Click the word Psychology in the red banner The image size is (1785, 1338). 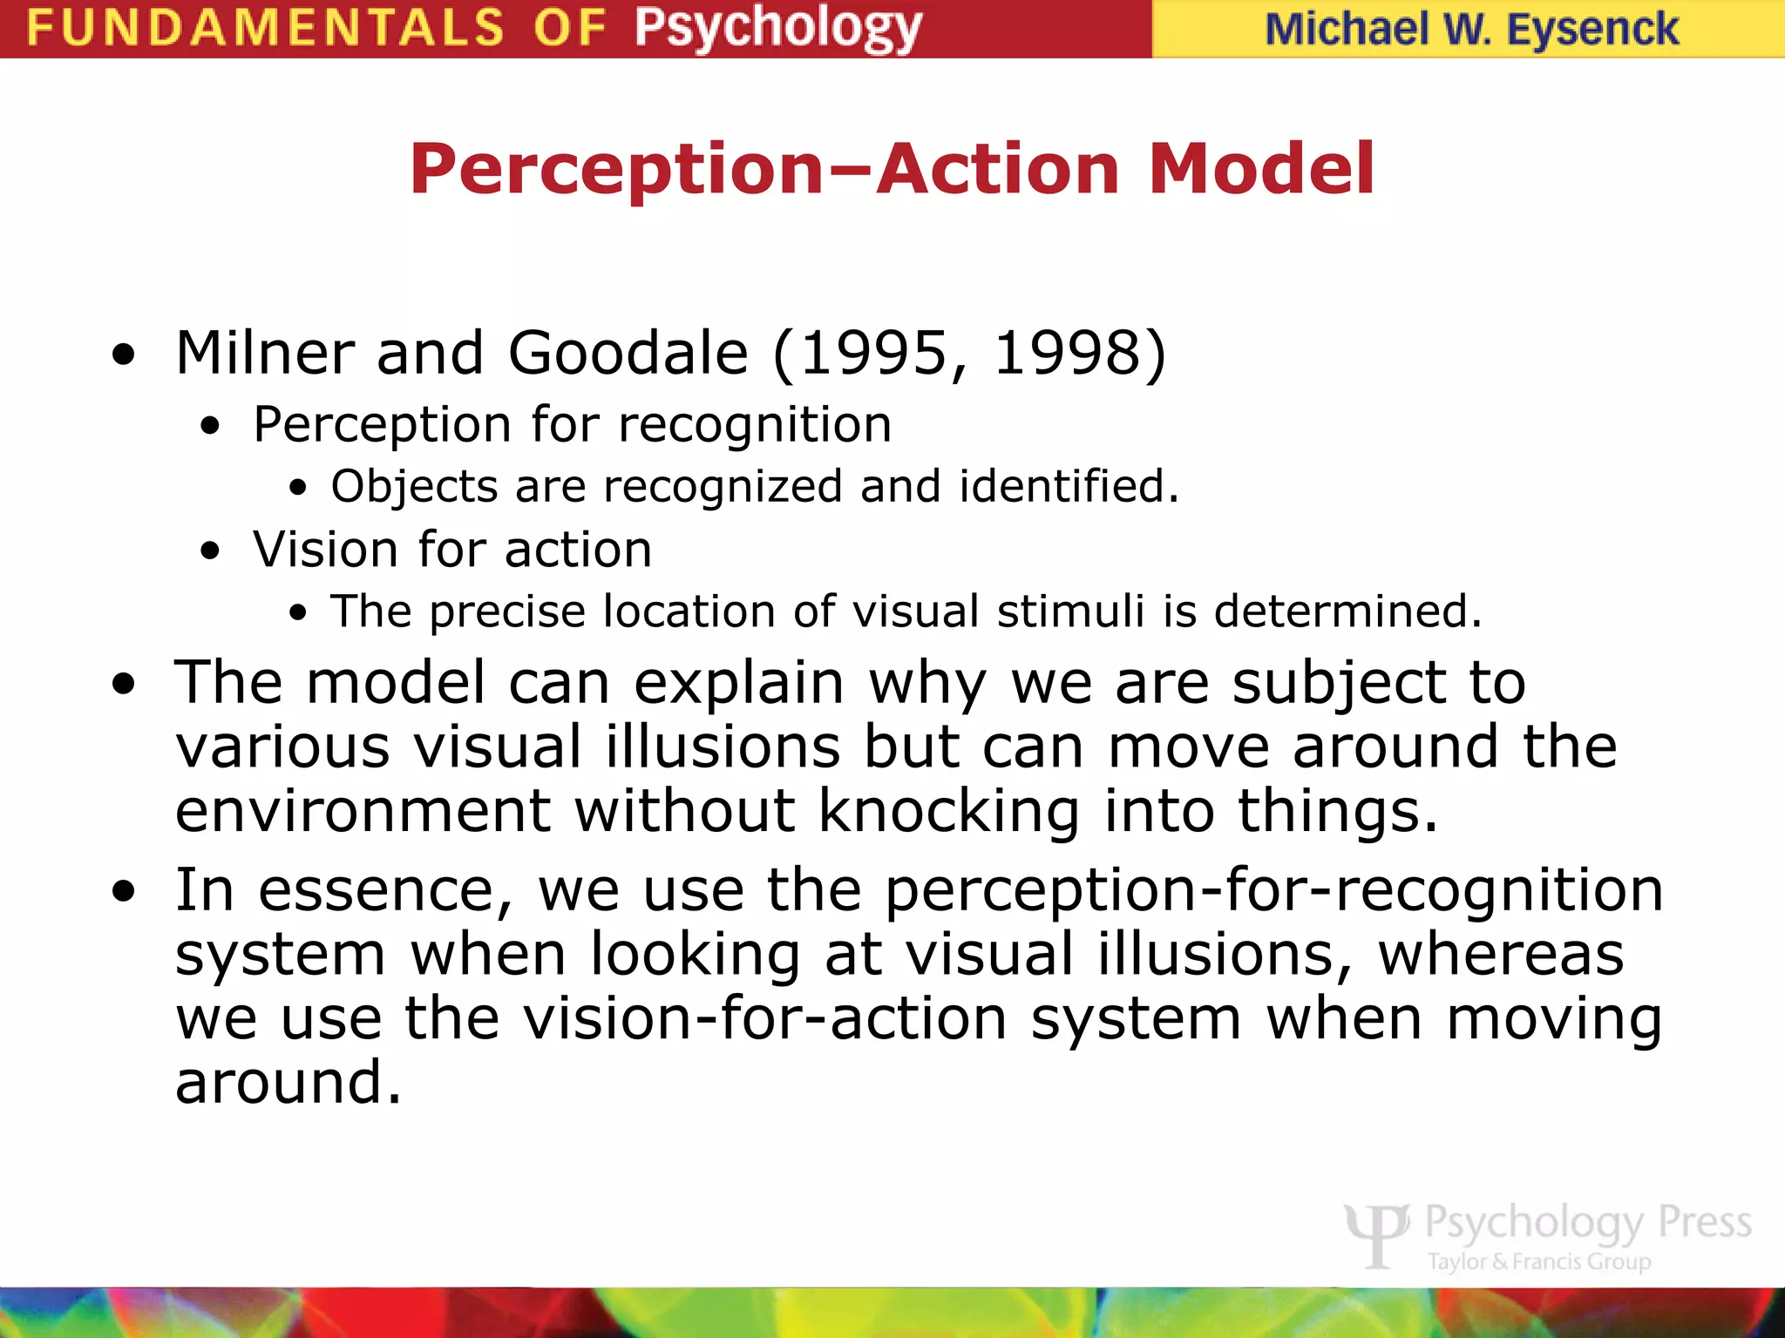[x=777, y=28]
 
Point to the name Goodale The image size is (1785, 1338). [x=628, y=353]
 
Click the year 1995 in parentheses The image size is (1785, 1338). [x=872, y=353]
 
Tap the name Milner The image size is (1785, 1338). [x=264, y=353]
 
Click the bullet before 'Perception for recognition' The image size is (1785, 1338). [x=210, y=427]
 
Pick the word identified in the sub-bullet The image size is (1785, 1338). [x=1069, y=485]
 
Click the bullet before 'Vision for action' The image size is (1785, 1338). [x=210, y=551]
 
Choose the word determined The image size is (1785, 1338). [x=1347, y=611]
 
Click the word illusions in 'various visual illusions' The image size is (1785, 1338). [x=723, y=747]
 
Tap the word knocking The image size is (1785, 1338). [x=948, y=811]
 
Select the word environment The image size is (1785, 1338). [x=363, y=811]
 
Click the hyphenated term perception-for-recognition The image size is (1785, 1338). [x=1273, y=890]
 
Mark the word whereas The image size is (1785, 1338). [x=1501, y=954]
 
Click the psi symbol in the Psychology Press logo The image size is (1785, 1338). [x=1376, y=1233]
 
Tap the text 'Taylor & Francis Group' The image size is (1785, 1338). [x=1539, y=1261]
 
